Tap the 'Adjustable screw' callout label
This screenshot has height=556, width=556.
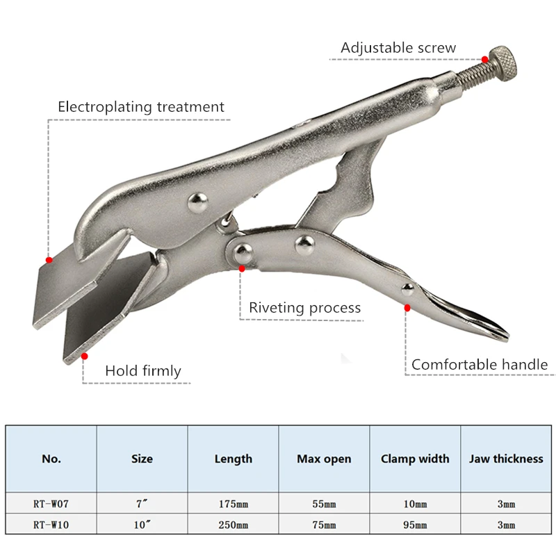click(x=398, y=48)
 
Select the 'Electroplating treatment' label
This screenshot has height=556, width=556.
click(x=141, y=107)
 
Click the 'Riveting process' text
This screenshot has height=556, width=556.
click(x=305, y=307)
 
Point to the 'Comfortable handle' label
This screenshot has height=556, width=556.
click(x=480, y=364)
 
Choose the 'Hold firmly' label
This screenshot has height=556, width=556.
click(x=142, y=371)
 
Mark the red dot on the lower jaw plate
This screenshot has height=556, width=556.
click(x=85, y=356)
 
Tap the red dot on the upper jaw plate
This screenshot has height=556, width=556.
click(x=49, y=260)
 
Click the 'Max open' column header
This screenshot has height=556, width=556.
click(x=324, y=459)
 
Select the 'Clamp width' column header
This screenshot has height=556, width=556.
click(x=415, y=459)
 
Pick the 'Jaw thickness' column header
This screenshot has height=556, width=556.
click(x=506, y=459)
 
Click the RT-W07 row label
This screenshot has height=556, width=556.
click(x=51, y=504)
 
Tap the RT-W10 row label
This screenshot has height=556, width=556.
click(x=51, y=525)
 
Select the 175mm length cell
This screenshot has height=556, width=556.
click(x=233, y=504)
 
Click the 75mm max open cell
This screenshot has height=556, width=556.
click(x=324, y=525)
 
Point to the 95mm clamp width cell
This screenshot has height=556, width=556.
click(x=415, y=525)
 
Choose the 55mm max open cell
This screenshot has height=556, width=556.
click(x=324, y=504)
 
